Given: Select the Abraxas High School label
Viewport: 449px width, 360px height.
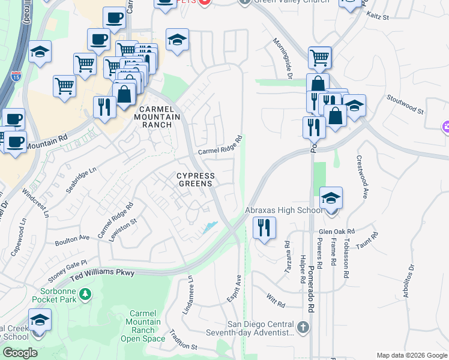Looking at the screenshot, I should pyautogui.click(x=285, y=211).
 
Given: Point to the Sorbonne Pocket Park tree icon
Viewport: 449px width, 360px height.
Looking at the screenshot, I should pyautogui.click(x=86, y=293).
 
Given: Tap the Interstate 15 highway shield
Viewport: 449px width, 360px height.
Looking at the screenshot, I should pyautogui.click(x=16, y=76).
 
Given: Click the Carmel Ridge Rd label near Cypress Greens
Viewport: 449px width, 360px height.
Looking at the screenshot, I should pyautogui.click(x=220, y=146).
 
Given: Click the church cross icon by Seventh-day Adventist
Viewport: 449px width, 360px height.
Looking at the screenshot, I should pyautogui.click(x=304, y=328).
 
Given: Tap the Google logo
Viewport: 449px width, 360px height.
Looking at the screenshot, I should pyautogui.click(x=20, y=353).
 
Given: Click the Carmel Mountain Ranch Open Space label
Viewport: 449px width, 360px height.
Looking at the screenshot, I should pyautogui.click(x=143, y=326).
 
